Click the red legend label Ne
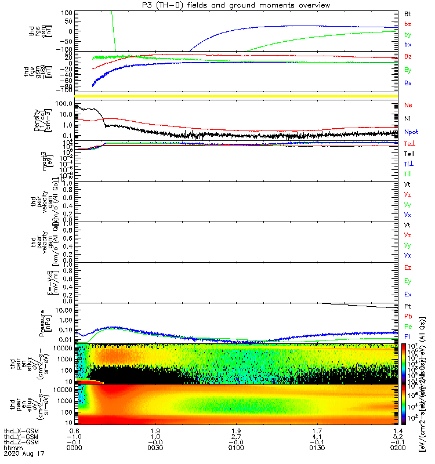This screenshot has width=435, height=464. point(408,105)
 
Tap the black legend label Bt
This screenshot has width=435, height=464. point(408,13)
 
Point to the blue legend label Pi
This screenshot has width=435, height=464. point(407,336)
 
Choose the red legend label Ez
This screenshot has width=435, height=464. point(408,268)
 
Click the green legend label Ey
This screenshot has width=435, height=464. point(408,281)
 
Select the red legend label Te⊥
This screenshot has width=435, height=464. point(408,143)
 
